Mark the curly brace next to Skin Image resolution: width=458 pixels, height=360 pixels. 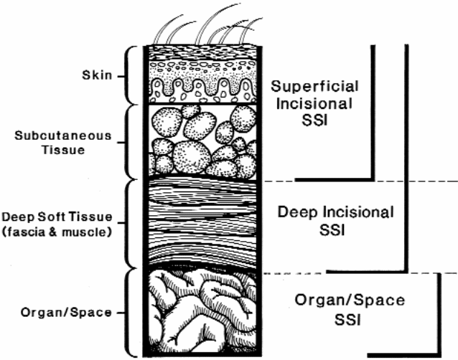pos(131,75)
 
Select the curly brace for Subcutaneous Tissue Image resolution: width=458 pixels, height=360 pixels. pos(131,141)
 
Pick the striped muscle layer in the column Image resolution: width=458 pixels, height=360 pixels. pos(201,222)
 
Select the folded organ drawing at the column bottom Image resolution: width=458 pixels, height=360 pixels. pos(201,312)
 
